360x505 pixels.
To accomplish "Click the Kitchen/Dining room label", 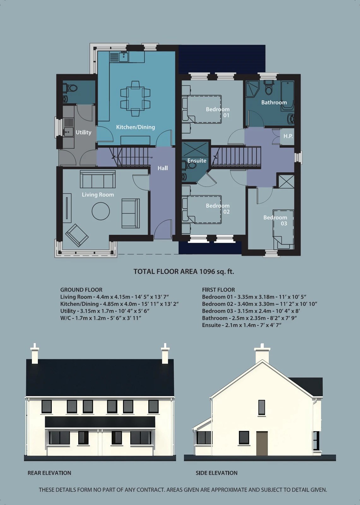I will [x=135, y=127].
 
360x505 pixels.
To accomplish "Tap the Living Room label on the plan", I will [x=98, y=195].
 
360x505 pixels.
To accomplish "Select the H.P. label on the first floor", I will [x=288, y=136].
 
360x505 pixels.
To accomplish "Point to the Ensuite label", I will [x=197, y=161].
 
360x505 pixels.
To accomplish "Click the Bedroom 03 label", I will [x=275, y=220].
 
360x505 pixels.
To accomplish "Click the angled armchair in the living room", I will [x=77, y=235].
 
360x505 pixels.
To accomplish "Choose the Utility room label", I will [x=83, y=133].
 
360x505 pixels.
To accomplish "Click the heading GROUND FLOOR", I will [x=81, y=290].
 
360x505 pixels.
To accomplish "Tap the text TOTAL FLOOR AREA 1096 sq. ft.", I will [x=184, y=271].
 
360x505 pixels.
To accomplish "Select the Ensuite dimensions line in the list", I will [x=241, y=325].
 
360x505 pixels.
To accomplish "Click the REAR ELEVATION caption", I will [x=49, y=473].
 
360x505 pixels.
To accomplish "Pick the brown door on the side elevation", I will [x=262, y=443].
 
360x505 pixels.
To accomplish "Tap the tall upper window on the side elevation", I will [x=262, y=407].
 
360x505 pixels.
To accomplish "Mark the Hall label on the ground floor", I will [x=162, y=168].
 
